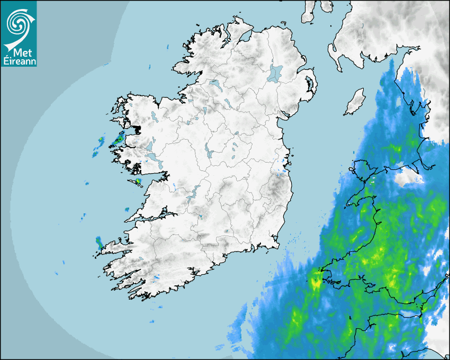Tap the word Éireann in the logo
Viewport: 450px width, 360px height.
click(19, 61)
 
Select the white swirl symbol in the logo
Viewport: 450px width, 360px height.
click(17, 24)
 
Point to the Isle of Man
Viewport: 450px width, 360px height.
click(354, 102)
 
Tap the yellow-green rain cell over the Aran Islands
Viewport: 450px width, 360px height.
click(138, 182)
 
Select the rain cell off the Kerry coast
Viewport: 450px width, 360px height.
click(99, 243)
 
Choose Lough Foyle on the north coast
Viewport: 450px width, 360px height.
click(245, 38)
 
